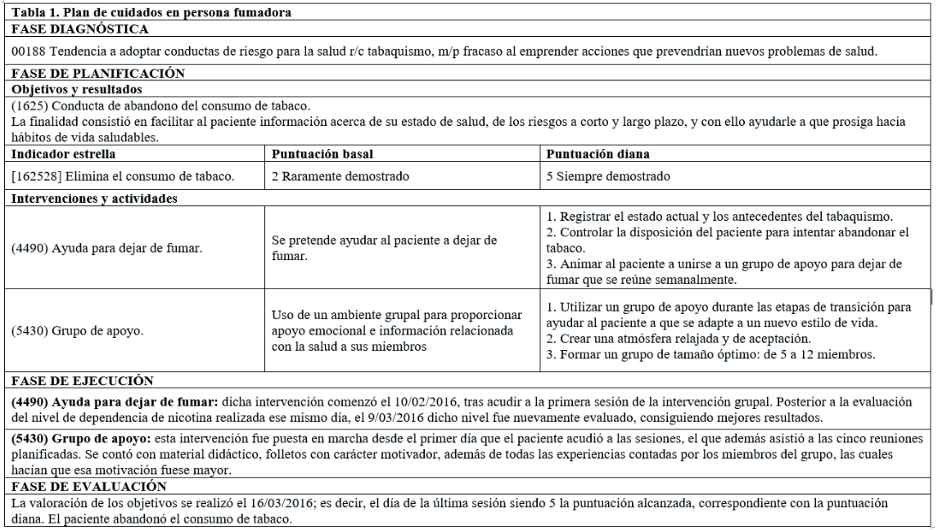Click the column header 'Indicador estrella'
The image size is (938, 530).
[x=64, y=153]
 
